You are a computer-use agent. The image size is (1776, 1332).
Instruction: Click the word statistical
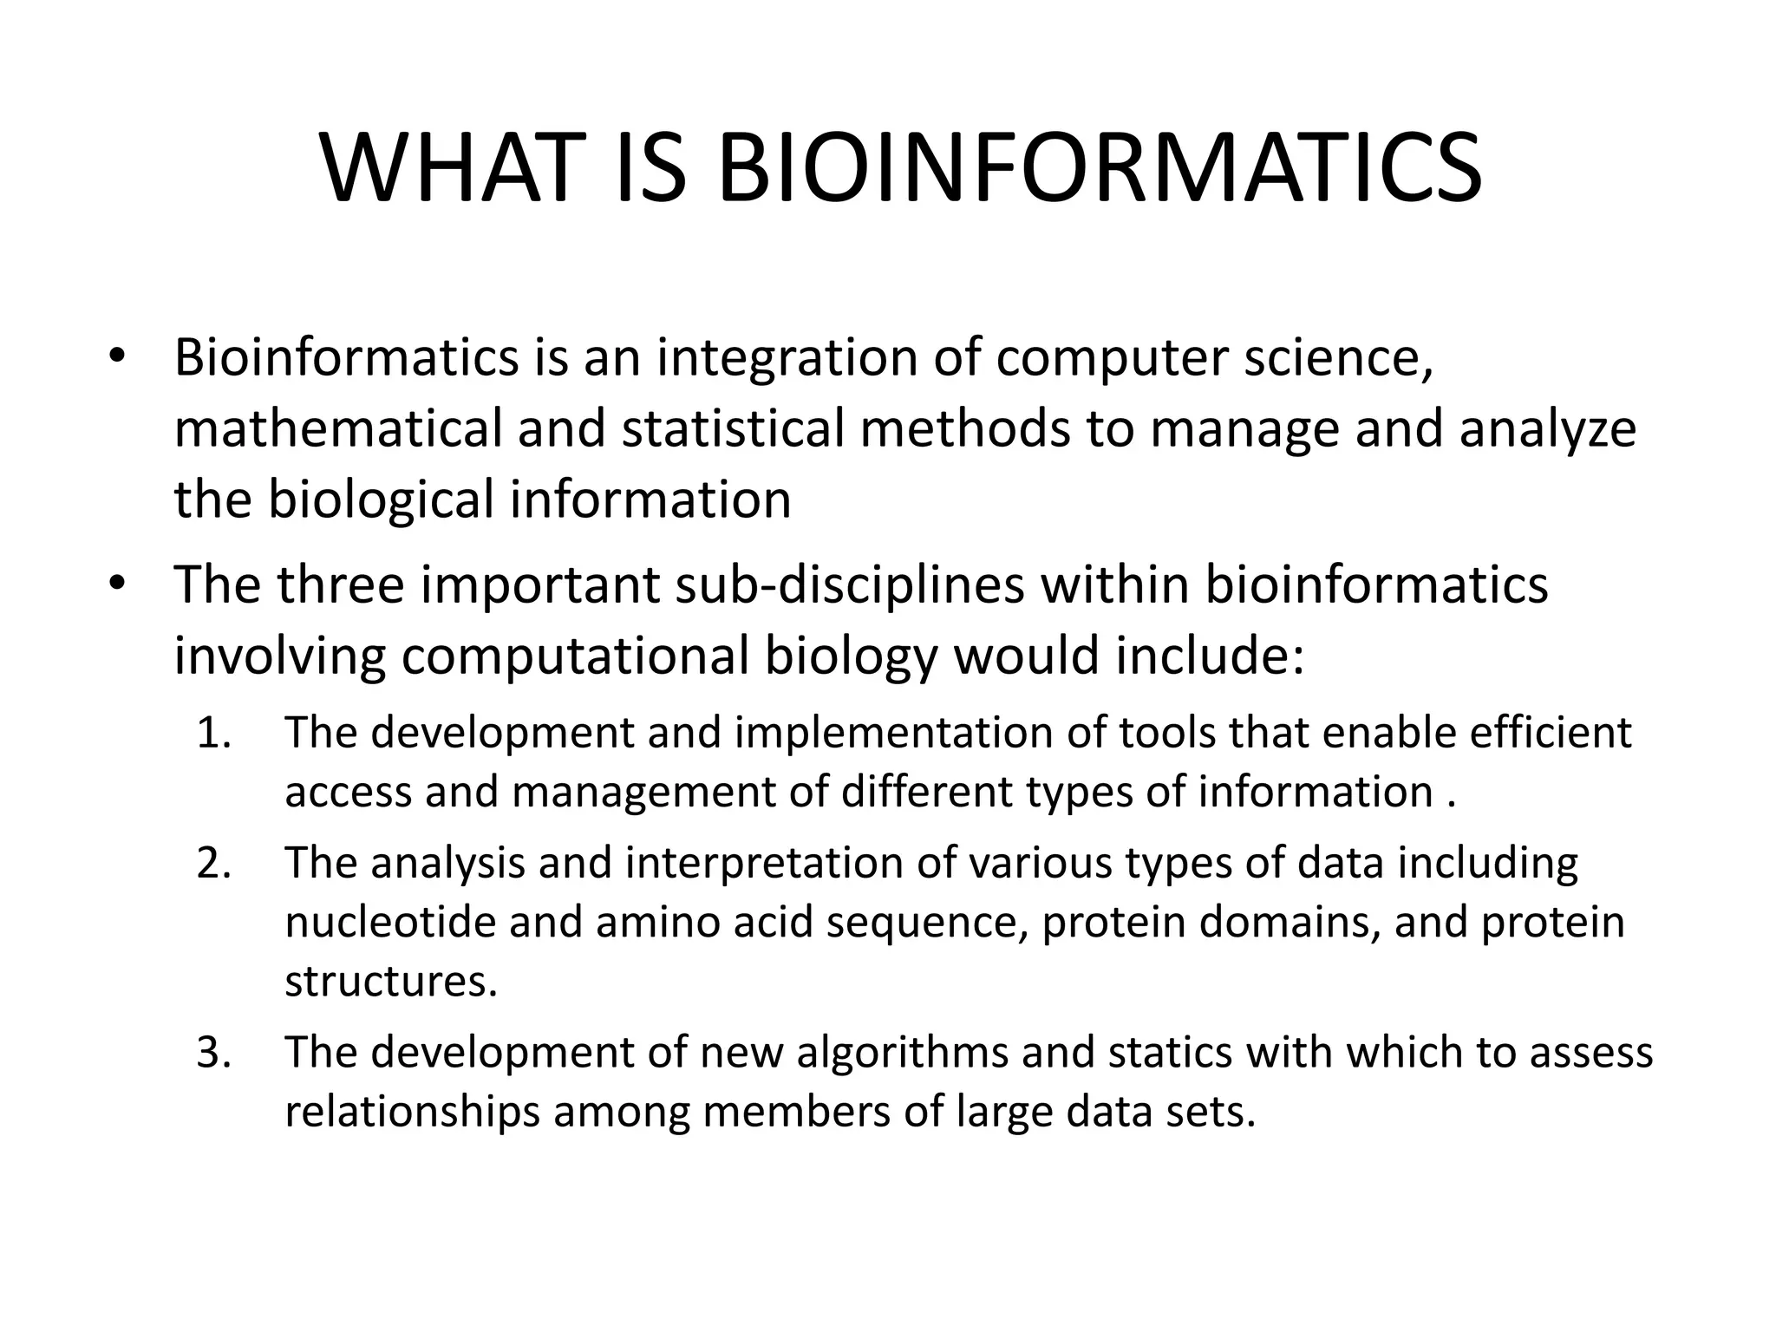(x=733, y=428)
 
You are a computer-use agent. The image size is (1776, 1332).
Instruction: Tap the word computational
(x=574, y=656)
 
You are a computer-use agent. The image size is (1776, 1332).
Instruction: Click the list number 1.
(x=212, y=733)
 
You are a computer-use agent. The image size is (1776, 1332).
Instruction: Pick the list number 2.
(x=213, y=863)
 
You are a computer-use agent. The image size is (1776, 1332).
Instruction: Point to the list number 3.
(x=213, y=1053)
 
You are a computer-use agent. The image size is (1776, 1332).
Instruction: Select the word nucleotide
(x=389, y=922)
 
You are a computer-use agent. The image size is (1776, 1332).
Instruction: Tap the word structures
(x=391, y=982)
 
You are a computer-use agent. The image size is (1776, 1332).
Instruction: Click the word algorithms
(x=902, y=1053)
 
